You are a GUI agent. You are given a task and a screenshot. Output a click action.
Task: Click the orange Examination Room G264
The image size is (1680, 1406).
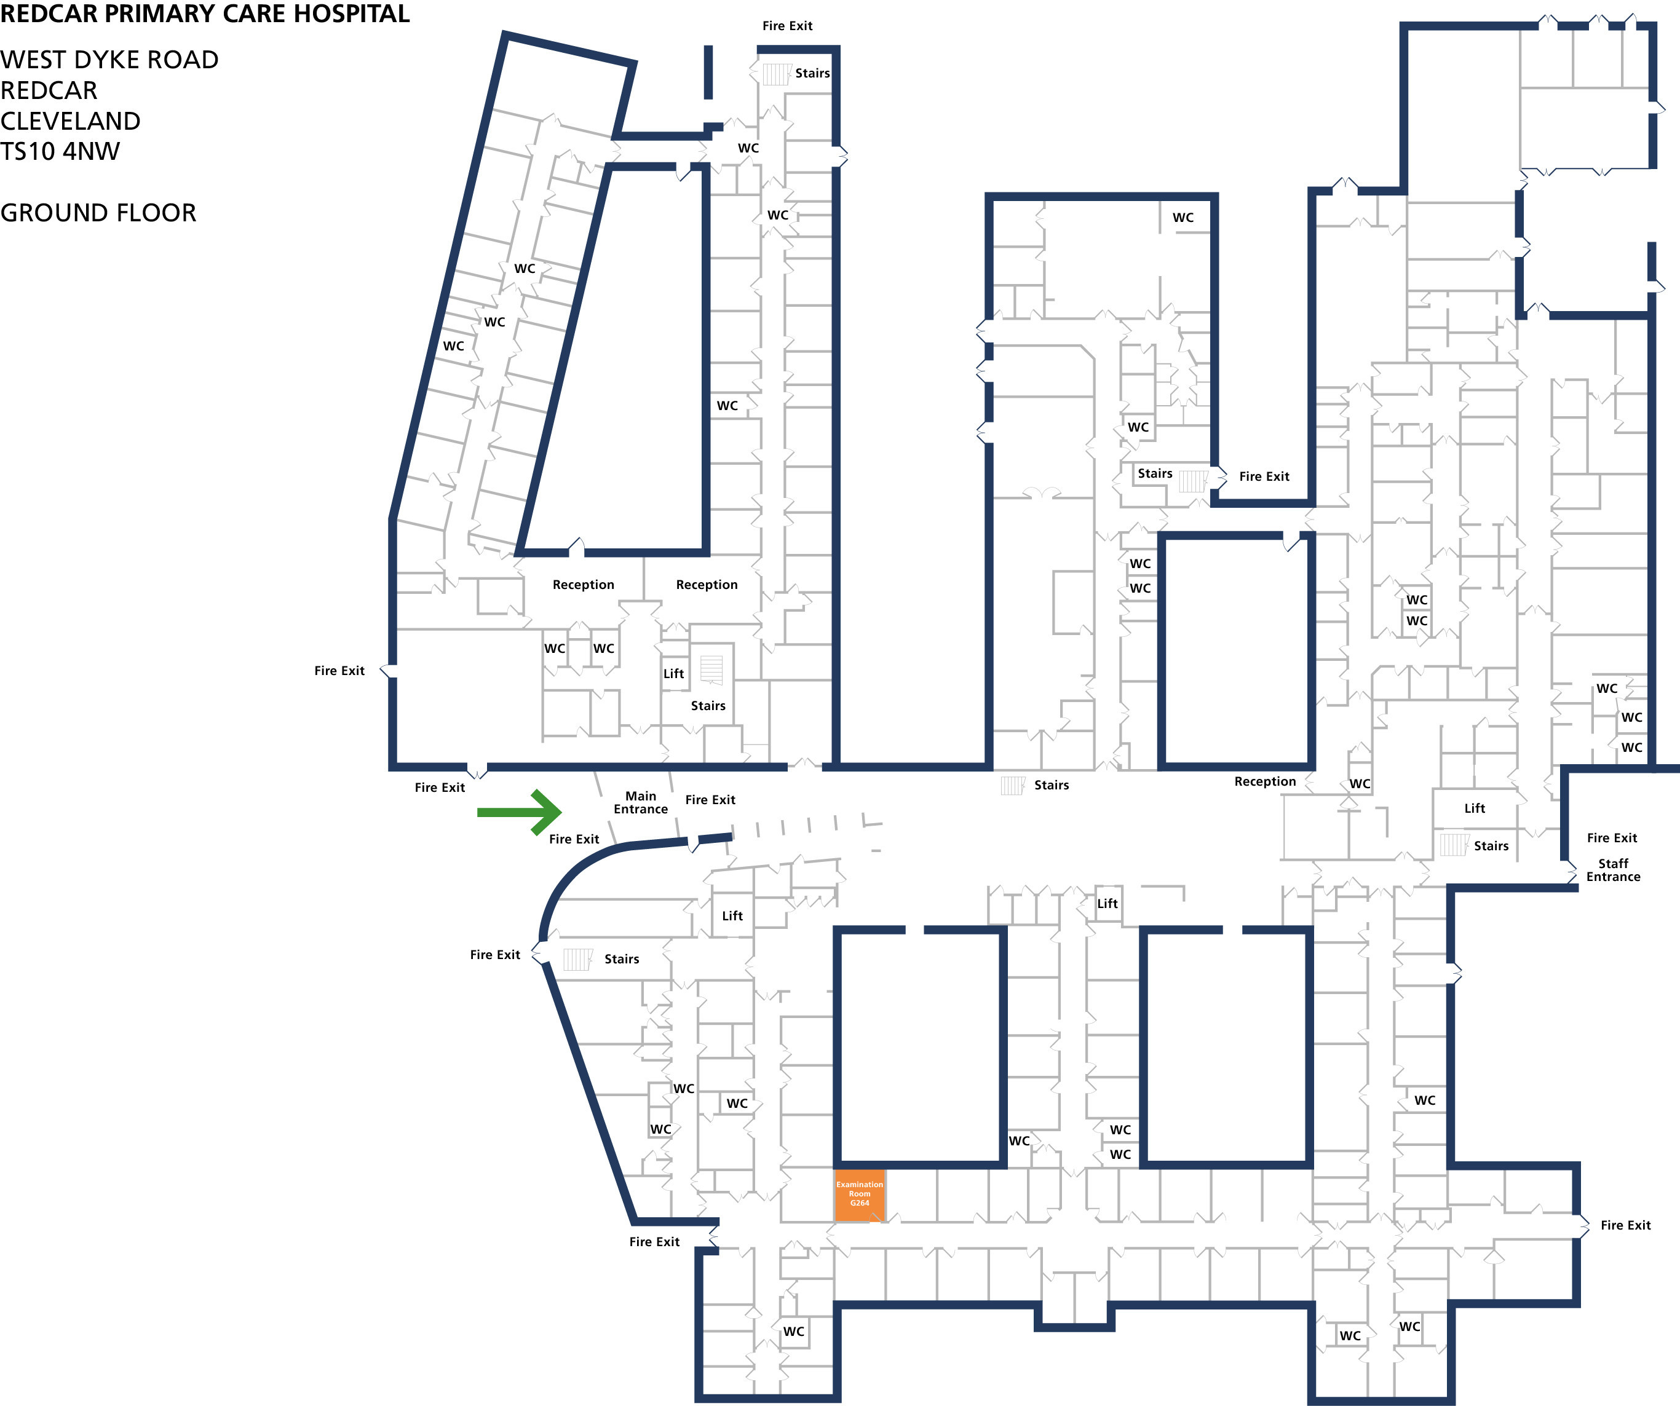[x=859, y=1195]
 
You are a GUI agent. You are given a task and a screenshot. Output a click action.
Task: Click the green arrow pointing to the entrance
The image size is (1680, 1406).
[x=520, y=812]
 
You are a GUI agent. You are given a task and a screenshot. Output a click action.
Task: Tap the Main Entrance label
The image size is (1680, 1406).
[x=640, y=802]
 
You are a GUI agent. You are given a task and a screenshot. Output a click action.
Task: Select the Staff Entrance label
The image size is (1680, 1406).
[x=1613, y=870]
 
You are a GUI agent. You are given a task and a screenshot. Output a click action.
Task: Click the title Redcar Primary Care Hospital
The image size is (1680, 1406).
[x=205, y=14]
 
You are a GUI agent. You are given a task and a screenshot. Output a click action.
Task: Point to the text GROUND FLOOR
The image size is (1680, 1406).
[x=98, y=213]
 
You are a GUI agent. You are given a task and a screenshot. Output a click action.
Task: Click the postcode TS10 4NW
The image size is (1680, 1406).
[x=60, y=151]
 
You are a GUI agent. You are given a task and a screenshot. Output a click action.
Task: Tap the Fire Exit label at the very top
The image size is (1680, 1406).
[x=787, y=26]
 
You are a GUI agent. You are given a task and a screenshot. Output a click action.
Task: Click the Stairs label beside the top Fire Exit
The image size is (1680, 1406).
[x=812, y=73]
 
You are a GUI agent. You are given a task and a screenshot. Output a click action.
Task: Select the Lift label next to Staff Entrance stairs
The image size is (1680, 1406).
[x=1475, y=808]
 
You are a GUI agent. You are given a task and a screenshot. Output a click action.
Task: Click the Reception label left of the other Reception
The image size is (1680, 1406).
[x=583, y=585]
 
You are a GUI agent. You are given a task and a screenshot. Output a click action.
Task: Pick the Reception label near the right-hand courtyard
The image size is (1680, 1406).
[x=1265, y=781]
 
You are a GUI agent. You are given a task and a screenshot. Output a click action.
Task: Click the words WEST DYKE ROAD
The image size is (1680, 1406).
[x=109, y=59]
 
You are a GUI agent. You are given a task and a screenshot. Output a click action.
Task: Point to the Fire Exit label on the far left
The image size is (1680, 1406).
[x=339, y=670]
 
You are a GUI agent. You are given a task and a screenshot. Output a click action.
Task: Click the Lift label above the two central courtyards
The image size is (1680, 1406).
[x=1107, y=904]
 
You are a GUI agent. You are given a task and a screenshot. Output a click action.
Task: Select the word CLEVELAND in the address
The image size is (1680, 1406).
[x=70, y=120]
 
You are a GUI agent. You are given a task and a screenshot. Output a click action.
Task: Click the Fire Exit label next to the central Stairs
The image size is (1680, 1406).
[x=1264, y=476]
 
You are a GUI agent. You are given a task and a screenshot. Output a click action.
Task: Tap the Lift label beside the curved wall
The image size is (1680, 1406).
[x=732, y=916]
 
